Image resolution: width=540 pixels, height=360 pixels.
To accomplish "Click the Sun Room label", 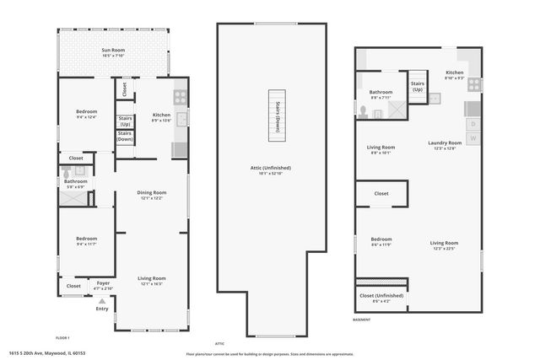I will (x=114, y=51).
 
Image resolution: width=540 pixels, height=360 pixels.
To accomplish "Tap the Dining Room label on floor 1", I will (x=152, y=192).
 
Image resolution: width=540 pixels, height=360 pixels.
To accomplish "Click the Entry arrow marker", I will (x=102, y=299).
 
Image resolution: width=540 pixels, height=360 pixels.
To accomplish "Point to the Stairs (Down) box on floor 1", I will (x=124, y=136).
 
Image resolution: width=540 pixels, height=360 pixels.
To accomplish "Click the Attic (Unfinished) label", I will (x=271, y=168).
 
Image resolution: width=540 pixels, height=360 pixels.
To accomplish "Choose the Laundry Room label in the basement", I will (x=444, y=143).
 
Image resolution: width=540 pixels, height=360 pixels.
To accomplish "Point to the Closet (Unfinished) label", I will (x=381, y=296).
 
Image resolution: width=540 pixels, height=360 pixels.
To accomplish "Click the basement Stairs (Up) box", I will (x=417, y=87).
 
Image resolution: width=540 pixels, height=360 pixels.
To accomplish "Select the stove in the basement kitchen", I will (x=474, y=84).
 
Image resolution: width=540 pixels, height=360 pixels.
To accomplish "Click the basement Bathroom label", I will (x=381, y=92).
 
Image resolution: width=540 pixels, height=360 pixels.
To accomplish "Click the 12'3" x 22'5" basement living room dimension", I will (x=444, y=249).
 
